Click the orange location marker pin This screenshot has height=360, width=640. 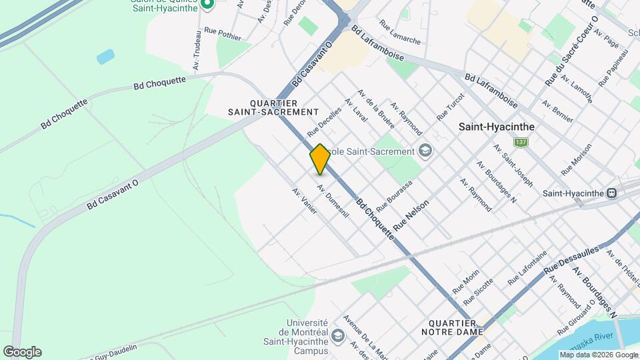(x=320, y=159)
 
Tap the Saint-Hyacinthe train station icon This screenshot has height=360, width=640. (x=611, y=193)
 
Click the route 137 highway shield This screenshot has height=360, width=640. (x=521, y=143)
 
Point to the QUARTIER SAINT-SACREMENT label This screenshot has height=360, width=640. (x=284, y=107)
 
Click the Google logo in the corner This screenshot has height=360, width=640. (x=22, y=351)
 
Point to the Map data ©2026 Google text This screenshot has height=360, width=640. (x=598, y=355)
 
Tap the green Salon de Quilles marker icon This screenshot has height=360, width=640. (x=207, y=5)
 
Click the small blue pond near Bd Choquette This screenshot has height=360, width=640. (x=105, y=57)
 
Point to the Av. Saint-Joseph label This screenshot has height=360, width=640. (x=513, y=165)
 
